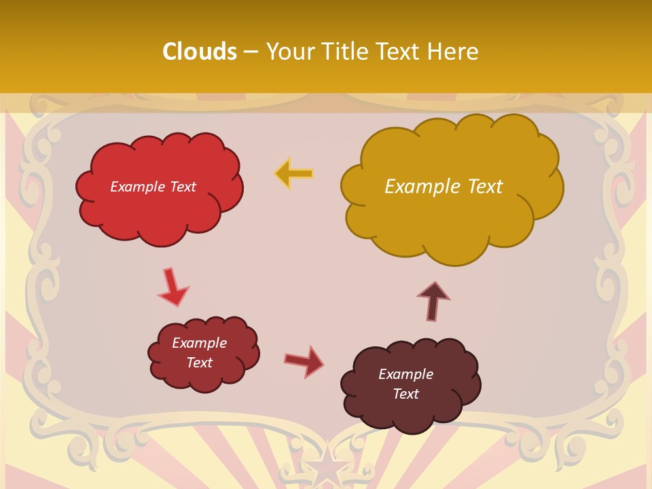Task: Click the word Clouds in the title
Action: tap(199, 52)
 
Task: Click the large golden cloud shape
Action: tap(448, 217)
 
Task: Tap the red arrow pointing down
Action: tap(173, 287)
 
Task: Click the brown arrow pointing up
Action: tap(433, 301)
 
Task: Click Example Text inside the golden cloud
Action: tap(443, 186)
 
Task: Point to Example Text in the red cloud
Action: tap(153, 187)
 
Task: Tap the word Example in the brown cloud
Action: tap(405, 374)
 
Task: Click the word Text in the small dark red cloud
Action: tap(199, 363)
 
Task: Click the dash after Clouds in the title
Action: tap(250, 52)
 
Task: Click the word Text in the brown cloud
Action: tap(405, 394)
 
